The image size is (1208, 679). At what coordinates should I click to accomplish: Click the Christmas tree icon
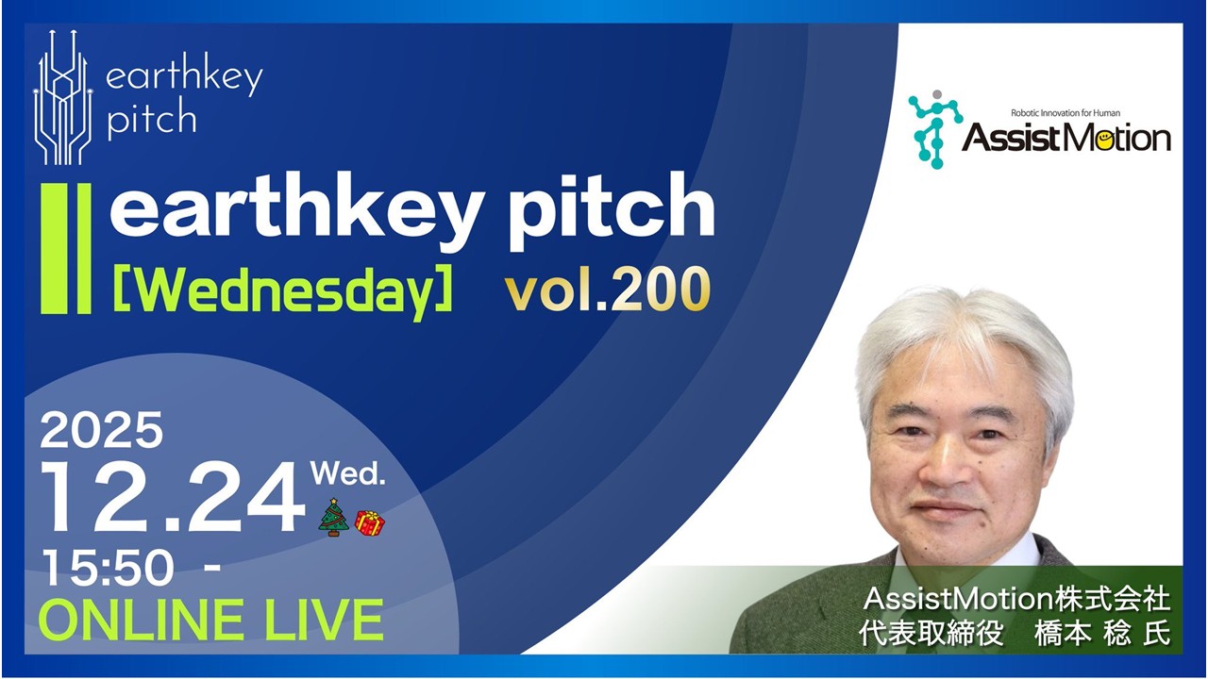click(334, 518)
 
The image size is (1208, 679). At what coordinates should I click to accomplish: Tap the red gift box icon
click(370, 522)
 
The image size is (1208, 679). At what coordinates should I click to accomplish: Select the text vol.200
click(606, 293)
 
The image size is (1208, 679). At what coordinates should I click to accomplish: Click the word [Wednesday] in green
click(283, 293)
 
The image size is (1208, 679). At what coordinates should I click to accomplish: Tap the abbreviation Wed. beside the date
click(348, 473)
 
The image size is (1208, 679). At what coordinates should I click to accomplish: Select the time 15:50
click(109, 570)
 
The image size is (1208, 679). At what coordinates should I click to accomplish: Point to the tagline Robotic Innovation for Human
click(1065, 112)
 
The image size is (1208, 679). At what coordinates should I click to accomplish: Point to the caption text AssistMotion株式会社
click(1016, 599)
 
